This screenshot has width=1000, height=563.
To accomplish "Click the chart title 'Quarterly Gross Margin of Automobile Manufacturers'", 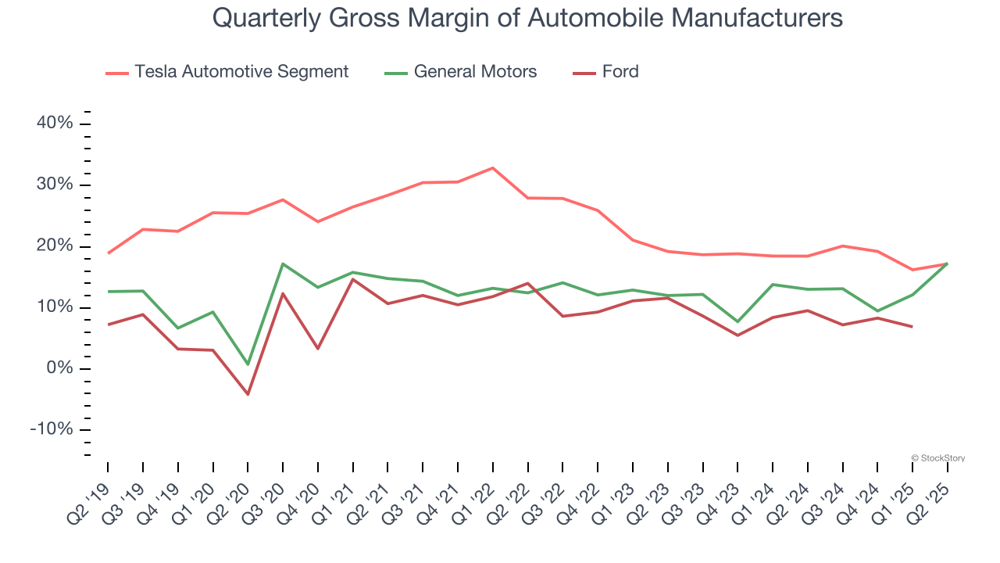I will [527, 17].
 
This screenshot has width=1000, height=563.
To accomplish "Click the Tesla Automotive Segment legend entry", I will [241, 72].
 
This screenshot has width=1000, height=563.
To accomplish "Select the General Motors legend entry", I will [475, 72].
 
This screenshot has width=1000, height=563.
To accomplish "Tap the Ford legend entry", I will [620, 72].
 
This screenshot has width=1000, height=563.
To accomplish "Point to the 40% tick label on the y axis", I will [54, 124].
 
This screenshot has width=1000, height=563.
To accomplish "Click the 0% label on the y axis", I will [59, 368].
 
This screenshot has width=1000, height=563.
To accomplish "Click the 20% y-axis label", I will [54, 246].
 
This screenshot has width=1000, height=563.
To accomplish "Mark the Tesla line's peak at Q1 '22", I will [493, 168].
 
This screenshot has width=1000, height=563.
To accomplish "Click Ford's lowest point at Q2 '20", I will [248, 394].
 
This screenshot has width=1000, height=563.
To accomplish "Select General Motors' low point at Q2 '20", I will [248, 364].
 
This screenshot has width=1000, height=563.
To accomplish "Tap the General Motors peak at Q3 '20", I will [283, 264].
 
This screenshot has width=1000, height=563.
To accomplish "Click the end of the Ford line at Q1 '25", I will [912, 327].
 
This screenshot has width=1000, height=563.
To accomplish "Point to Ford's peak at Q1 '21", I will [353, 279].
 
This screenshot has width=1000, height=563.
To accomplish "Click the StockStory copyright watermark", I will [937, 458].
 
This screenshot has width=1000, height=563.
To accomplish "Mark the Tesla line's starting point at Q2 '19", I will [108, 253].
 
